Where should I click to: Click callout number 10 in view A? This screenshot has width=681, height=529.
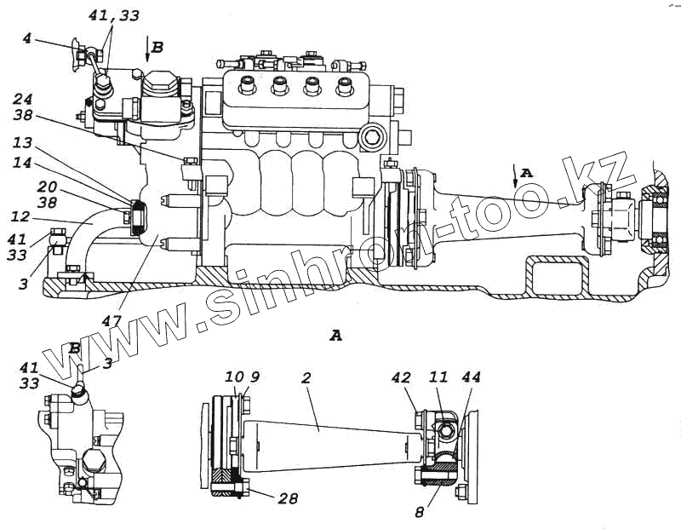coord(232,376)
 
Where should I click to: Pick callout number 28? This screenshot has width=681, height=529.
coord(287,498)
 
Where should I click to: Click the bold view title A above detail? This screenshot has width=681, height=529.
coord(335,336)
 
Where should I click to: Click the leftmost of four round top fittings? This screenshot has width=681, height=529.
coord(249,86)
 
